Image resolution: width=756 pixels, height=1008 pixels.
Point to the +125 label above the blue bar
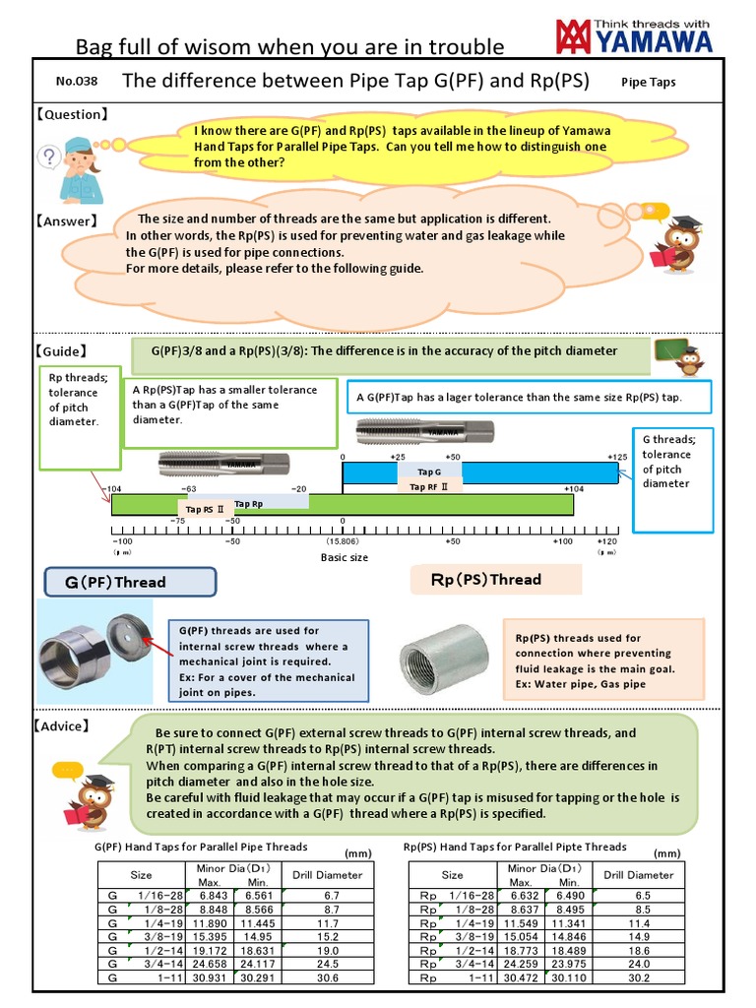[617, 458]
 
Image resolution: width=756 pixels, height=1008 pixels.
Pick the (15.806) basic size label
[343, 541]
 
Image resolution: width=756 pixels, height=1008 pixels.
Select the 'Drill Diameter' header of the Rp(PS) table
[639, 874]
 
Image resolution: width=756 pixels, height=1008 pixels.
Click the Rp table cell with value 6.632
[524, 895]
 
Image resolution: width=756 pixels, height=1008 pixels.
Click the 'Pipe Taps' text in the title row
[649, 83]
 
